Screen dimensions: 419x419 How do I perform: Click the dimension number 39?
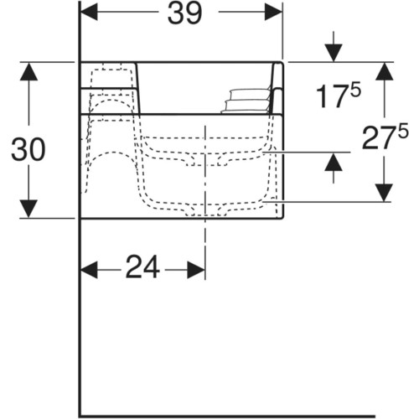(x=184, y=13)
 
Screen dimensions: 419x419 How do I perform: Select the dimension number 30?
(x=28, y=149)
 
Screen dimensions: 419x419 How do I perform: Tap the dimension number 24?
(x=142, y=267)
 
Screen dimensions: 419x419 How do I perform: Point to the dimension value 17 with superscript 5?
(x=339, y=96)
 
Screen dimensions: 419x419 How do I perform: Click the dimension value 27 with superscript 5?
(x=385, y=136)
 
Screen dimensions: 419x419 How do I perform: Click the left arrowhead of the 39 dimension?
(x=89, y=12)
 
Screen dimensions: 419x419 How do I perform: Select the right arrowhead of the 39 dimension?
(x=273, y=12)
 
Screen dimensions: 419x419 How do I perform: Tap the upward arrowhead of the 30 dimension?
(x=28, y=71)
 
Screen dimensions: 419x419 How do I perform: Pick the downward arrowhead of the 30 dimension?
(x=28, y=209)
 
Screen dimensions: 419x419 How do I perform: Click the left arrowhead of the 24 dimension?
(x=89, y=270)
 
